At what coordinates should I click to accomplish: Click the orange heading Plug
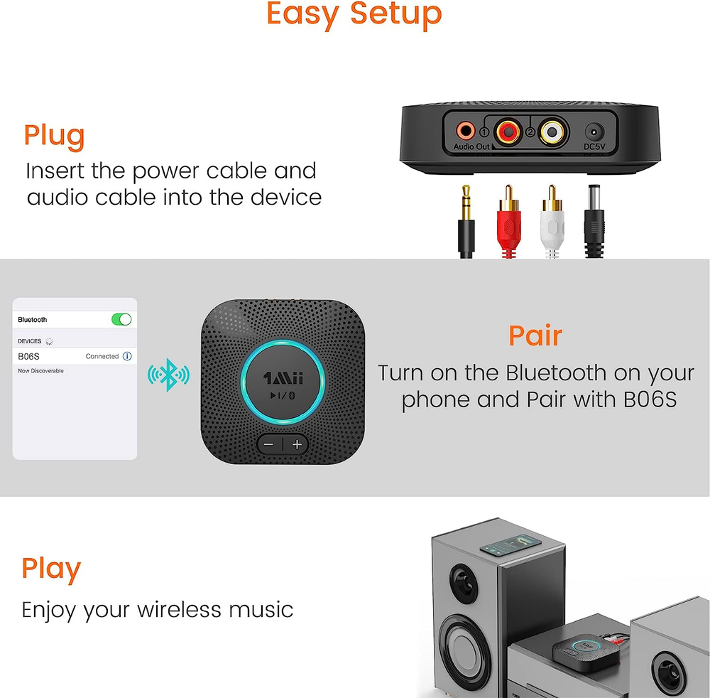55,136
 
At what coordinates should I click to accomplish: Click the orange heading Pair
535,335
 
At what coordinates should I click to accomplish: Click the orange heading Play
51,569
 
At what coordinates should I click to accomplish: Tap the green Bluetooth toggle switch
121,320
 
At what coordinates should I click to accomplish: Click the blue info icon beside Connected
127,356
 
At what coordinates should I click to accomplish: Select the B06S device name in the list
29,356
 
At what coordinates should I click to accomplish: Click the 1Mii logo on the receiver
284,377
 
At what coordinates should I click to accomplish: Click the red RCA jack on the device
508,131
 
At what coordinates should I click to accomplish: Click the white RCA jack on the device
551,131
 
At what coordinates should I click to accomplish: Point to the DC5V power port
594,132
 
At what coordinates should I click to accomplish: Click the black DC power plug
594,220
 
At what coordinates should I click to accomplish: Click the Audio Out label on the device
471,147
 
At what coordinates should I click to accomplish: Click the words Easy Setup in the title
354,14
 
